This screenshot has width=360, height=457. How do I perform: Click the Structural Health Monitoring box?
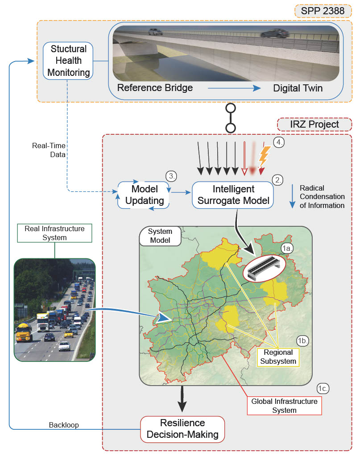[68, 61]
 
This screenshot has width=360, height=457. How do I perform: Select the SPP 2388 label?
[323, 11]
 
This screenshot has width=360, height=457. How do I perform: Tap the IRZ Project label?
[314, 125]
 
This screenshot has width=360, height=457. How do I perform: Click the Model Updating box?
[144, 195]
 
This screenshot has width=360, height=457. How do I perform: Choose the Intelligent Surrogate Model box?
[233, 195]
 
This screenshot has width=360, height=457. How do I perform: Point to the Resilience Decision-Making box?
[182, 429]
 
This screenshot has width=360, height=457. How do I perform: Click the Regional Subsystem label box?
[278, 357]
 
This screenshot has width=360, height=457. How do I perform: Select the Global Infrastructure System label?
[284, 406]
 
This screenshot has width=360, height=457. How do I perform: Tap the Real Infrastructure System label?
[54, 233]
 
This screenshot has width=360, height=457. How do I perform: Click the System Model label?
[160, 236]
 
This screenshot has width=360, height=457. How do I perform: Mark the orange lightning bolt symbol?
[264, 156]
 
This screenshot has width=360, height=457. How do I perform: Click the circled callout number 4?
[279, 142]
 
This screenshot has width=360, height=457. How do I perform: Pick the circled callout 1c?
[323, 389]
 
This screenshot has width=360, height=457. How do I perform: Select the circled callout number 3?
[171, 176]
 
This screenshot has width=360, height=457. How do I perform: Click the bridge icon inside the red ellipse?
[264, 267]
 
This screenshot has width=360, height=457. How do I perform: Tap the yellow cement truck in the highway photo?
[24, 332]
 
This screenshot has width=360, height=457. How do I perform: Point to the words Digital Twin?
[298, 88]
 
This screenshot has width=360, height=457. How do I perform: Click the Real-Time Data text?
[49, 150]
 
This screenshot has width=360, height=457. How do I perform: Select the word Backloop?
[64, 425]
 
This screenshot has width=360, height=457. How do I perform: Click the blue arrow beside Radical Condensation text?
[292, 196]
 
